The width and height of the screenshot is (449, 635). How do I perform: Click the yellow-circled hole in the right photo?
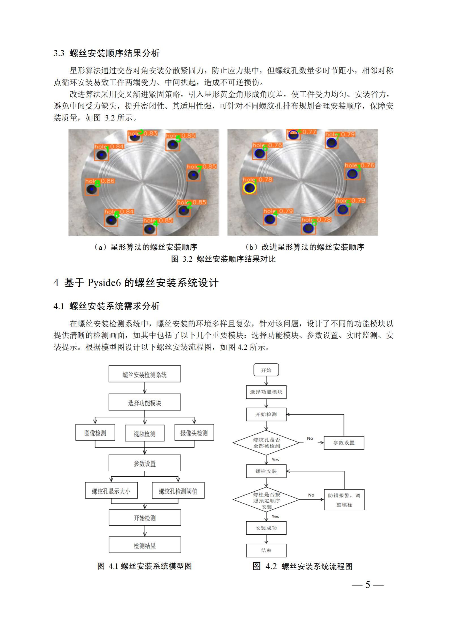pyautogui.click(x=249, y=188)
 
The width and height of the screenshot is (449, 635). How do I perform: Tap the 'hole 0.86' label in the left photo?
pyautogui.click(x=100, y=181)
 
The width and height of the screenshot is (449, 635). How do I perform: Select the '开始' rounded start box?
pyautogui.click(x=266, y=370)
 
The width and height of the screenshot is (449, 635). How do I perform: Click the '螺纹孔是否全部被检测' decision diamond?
pyautogui.click(x=266, y=443)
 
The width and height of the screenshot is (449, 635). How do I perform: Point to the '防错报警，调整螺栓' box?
pyautogui.click(x=344, y=500)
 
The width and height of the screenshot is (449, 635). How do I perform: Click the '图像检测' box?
pyautogui.click(x=95, y=433)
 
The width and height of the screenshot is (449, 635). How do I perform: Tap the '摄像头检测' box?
pyautogui.click(x=194, y=433)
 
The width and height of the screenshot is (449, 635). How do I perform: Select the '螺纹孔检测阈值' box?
pyautogui.click(x=178, y=491)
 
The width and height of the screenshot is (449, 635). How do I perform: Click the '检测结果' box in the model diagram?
pyautogui.click(x=145, y=546)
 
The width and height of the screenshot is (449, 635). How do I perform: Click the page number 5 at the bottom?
pyautogui.click(x=368, y=585)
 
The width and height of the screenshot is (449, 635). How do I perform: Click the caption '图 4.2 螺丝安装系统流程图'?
pyautogui.click(x=302, y=566)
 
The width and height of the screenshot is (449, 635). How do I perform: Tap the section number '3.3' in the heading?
pyautogui.click(x=59, y=53)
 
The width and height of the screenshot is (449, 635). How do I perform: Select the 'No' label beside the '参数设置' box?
pyautogui.click(x=310, y=438)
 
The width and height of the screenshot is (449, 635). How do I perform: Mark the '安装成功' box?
pyautogui.click(x=266, y=528)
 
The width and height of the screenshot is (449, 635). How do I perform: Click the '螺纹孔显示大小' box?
pyautogui.click(x=111, y=491)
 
